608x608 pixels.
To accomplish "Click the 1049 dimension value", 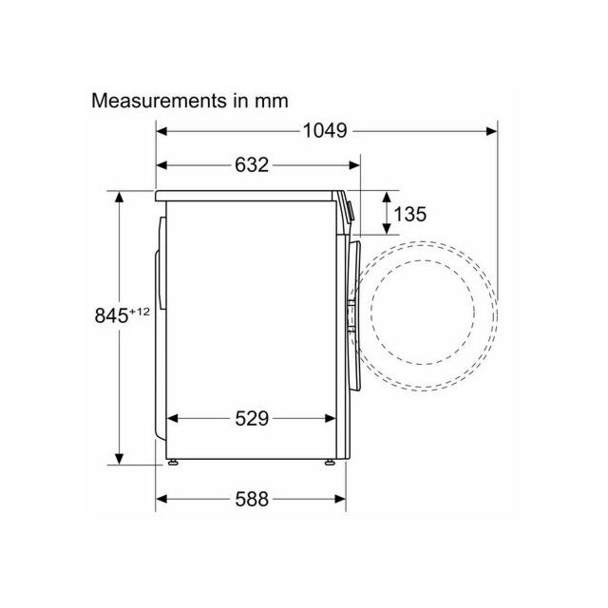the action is point(325,131).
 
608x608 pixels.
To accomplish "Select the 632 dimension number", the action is point(252,164).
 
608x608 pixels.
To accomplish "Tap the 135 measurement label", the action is point(409,214).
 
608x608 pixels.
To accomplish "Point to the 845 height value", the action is point(111,314).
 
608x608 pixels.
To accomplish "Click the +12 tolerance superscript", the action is point(140,312).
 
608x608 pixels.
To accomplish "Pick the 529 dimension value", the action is point(252,418).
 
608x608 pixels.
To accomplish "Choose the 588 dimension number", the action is point(252,499).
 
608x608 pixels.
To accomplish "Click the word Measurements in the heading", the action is point(159,101).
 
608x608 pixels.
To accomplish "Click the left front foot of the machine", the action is point(173,462).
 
